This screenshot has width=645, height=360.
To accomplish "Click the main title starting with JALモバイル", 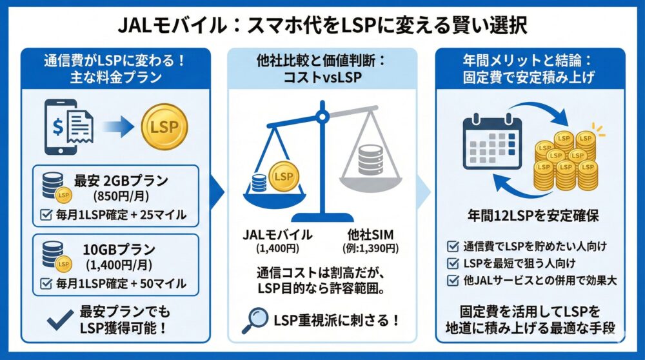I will [x=322, y=24].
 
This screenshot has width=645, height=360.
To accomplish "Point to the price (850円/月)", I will [x=121, y=196].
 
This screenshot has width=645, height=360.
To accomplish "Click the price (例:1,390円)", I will [x=370, y=248].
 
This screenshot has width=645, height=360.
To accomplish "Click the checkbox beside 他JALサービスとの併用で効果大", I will [x=452, y=279].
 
